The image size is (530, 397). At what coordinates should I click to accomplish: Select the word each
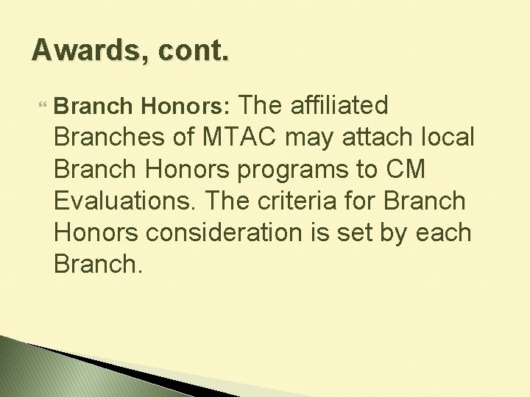click(444, 232)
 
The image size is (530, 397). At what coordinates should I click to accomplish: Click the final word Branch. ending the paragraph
click(96, 264)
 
